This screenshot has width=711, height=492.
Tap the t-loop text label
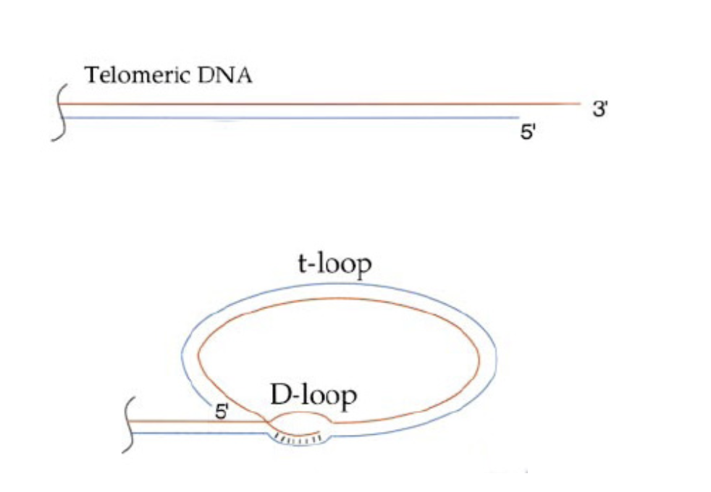(334, 264)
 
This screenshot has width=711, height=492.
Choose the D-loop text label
(314, 396)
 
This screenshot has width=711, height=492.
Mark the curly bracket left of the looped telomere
(129, 426)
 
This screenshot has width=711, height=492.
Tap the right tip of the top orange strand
(580, 103)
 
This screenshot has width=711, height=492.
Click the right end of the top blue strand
(518, 117)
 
